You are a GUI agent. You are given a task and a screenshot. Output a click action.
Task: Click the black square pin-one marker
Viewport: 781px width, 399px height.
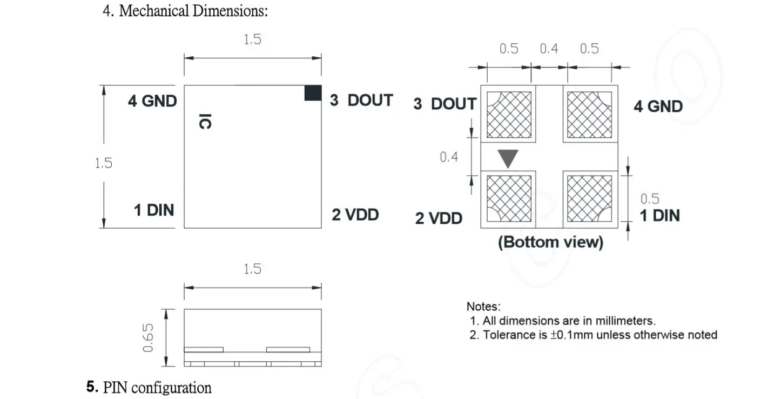[x=313, y=93]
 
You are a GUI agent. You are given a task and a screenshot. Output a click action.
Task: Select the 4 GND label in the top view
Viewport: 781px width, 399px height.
[x=152, y=101]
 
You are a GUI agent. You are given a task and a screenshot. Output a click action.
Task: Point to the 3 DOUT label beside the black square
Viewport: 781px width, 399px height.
[x=361, y=101]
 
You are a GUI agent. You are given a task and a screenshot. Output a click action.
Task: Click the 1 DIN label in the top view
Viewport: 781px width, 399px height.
[x=154, y=210]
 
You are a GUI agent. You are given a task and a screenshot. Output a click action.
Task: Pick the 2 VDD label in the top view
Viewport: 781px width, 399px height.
[x=355, y=215]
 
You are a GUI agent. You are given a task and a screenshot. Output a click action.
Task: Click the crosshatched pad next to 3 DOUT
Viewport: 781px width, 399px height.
[x=509, y=115]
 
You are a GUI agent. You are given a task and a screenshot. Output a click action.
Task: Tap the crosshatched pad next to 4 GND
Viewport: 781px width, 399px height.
[x=589, y=115]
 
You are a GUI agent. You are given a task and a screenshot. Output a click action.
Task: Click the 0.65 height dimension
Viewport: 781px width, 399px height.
[x=149, y=338]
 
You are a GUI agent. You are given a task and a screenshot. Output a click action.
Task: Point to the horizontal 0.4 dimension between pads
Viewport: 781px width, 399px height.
[x=549, y=49]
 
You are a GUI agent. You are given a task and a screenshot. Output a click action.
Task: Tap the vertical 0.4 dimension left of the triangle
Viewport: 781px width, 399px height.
[x=449, y=157]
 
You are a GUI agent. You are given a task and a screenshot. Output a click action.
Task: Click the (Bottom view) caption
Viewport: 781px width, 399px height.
[x=550, y=242]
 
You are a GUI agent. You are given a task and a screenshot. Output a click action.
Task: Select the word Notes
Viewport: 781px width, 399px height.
[x=483, y=307]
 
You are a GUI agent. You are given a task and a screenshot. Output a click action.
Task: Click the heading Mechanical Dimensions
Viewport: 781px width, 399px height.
[x=193, y=11]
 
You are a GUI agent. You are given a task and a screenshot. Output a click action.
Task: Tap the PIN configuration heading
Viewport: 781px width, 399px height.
[x=157, y=388]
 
